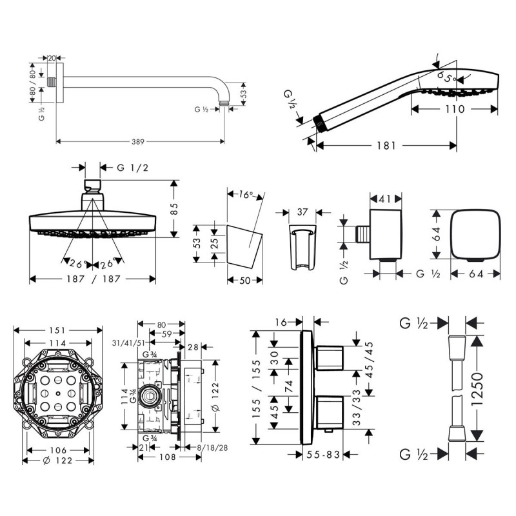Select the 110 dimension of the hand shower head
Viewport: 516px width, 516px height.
point(454,110)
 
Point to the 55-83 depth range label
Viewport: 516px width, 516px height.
point(324,455)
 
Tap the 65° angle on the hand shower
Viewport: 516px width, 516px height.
point(446,76)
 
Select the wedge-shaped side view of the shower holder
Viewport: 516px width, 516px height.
point(245,244)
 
